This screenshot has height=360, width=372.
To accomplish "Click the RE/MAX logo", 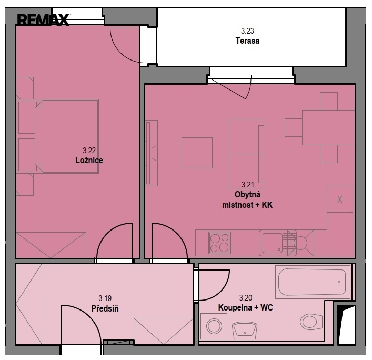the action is click(x=43, y=20).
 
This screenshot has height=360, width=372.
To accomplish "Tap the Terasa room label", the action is click(x=247, y=41).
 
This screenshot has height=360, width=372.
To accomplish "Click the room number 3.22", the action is click(x=89, y=150).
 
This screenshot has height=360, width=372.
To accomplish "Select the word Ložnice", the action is click(x=89, y=160).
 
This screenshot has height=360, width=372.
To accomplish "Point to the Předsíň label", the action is click(x=105, y=308).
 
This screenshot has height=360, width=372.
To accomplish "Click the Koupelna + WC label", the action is click(x=246, y=307).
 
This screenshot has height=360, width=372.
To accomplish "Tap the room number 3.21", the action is click(x=248, y=184).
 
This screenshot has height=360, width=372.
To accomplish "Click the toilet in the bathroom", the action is click(x=311, y=322).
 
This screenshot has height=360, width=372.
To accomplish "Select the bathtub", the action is click(x=312, y=282).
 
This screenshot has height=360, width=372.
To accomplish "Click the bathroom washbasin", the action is click(x=245, y=330).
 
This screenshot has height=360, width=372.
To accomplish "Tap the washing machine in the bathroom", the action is click(x=214, y=326).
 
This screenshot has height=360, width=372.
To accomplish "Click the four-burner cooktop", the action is click(x=220, y=243).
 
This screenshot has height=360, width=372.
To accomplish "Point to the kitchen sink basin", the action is click(x=273, y=243).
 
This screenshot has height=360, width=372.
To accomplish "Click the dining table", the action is click(x=328, y=127).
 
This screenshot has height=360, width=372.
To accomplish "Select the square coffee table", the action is click(x=197, y=153).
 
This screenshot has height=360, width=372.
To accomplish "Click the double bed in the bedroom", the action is click(x=66, y=136).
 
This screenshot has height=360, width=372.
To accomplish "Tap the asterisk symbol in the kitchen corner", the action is click(x=340, y=199).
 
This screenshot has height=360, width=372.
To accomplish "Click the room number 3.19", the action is click(x=105, y=298).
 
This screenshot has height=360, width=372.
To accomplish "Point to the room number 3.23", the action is click(x=247, y=31).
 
